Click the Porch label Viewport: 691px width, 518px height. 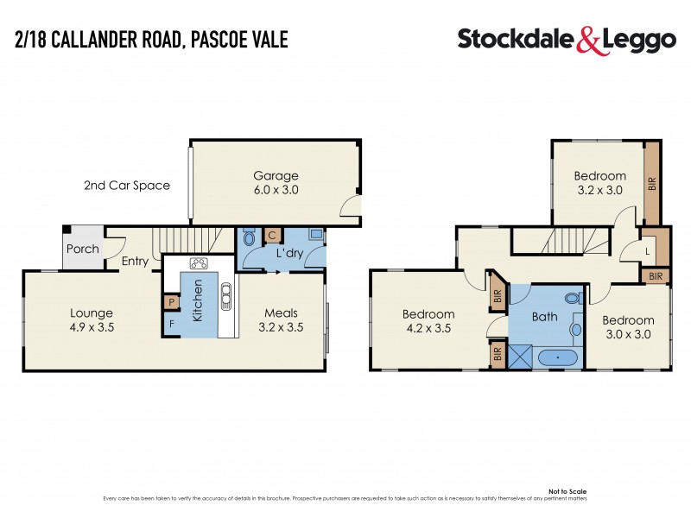click(82, 249)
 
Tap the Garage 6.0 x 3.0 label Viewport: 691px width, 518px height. click(276, 183)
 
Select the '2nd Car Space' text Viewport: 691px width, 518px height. click(127, 185)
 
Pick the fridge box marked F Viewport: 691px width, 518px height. click(171, 325)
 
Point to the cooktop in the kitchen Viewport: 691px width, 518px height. click(199, 263)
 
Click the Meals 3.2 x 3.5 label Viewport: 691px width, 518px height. click(282, 320)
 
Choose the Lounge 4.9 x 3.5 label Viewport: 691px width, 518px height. click(92, 320)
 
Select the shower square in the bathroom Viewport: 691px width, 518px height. click(522, 356)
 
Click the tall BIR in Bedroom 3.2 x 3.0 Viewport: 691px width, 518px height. click(652, 183)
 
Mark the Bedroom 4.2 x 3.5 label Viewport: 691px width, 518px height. click(428, 321)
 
